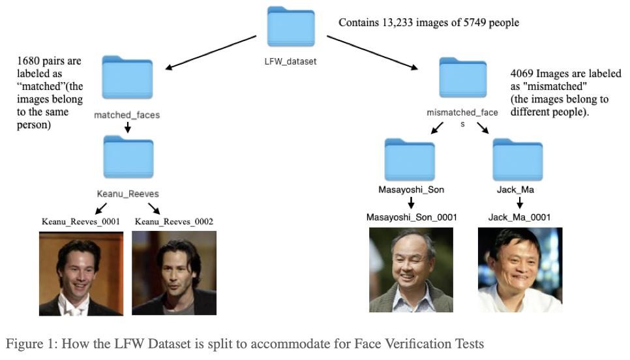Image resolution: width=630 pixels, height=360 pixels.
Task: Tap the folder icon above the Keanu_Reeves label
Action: (128, 158)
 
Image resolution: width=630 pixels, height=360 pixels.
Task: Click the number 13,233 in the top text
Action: (399, 23)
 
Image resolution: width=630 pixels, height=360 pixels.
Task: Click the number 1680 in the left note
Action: (29, 61)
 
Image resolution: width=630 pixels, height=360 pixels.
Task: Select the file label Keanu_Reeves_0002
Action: (174, 222)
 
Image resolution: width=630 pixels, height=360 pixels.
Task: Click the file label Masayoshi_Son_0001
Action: (411, 217)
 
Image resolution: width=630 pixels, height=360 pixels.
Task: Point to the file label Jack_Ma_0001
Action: (519, 217)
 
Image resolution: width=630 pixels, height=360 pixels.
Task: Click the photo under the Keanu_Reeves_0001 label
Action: (81, 274)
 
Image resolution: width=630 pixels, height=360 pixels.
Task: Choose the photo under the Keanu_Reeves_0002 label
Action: (173, 274)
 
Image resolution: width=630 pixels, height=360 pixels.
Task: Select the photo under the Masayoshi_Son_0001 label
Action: (411, 269)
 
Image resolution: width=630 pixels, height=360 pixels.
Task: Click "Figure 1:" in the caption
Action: (31, 344)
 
